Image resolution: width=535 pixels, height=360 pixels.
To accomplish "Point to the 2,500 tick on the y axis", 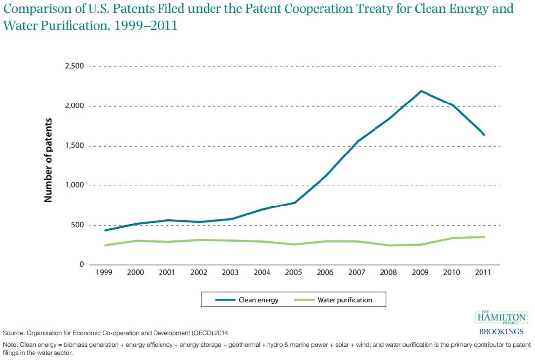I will pos(74,66).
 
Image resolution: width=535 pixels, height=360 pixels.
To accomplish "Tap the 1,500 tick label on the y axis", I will pos(74,146).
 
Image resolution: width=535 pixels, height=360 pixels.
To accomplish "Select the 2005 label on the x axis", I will pos(294,273).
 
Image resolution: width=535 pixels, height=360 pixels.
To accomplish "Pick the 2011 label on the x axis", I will pos(483,273).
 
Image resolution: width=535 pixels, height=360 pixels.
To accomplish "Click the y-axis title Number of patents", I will pos(48,159).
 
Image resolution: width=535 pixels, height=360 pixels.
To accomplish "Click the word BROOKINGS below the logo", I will pos(501,332).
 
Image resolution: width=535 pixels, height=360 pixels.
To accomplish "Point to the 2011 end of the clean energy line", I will pos(484,135).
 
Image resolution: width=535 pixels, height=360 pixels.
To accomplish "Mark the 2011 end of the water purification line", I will pos(484,237).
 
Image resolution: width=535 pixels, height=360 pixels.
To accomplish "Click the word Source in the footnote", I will pos(13,333).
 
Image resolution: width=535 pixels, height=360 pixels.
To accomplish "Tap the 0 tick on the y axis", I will pos(82,265).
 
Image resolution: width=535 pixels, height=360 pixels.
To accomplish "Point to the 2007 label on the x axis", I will pos(357,273).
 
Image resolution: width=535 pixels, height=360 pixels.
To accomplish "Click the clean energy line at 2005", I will pos(294,203).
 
